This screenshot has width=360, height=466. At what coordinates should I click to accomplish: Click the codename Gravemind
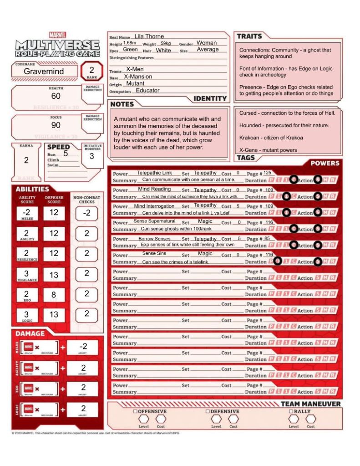point(44,72)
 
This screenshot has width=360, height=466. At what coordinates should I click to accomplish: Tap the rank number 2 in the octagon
point(91,70)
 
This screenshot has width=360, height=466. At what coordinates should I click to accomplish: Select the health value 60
point(56,96)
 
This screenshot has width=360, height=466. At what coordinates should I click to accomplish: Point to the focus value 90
point(56,125)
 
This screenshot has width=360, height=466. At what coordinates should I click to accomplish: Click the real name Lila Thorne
point(149,36)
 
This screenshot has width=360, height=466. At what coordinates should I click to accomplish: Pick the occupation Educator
point(147,91)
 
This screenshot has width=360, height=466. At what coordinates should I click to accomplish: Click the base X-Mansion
point(138,77)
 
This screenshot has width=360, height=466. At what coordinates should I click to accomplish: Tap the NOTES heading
point(122,104)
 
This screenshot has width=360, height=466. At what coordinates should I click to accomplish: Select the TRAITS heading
point(249,36)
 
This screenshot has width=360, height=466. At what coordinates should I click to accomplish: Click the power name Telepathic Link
point(154,173)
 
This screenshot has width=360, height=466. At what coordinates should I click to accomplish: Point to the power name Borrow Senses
point(155,239)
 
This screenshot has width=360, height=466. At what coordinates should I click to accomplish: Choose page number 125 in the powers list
point(267,173)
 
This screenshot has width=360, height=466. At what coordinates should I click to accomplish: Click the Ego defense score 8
point(54,295)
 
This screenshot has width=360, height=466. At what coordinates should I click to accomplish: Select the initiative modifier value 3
point(91,156)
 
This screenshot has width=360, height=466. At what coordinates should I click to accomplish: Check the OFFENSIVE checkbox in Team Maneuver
point(135,411)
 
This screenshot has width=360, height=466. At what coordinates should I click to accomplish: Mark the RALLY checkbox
point(291,411)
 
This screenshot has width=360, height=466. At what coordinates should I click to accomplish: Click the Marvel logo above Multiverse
point(57,35)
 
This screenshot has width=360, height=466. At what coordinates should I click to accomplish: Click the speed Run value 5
point(66,154)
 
